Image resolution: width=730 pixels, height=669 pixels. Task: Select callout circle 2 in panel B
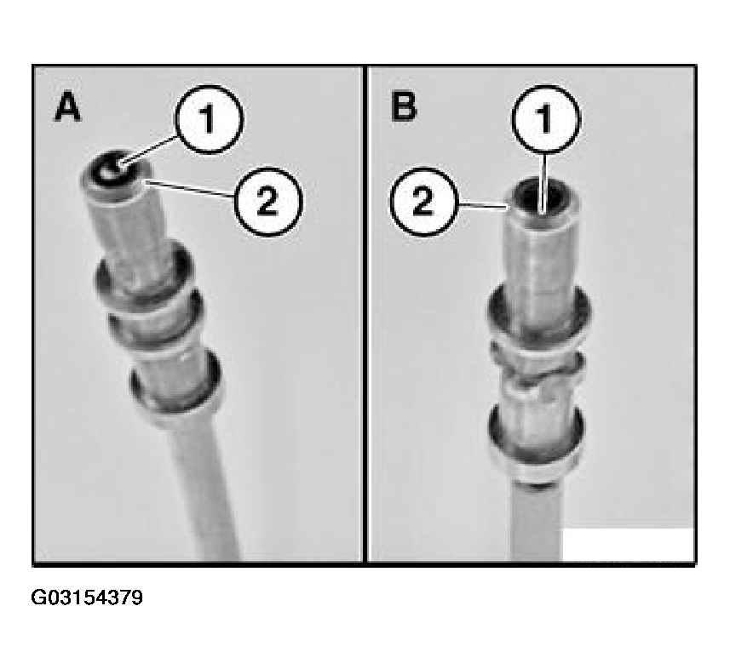pyautogui.click(x=424, y=202)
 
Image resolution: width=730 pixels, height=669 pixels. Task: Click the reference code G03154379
pyautogui.click(x=87, y=598)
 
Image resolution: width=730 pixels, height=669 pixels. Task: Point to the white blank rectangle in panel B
pyautogui.click(x=628, y=544)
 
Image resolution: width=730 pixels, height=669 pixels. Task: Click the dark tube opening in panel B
pyautogui.click(x=541, y=197)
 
